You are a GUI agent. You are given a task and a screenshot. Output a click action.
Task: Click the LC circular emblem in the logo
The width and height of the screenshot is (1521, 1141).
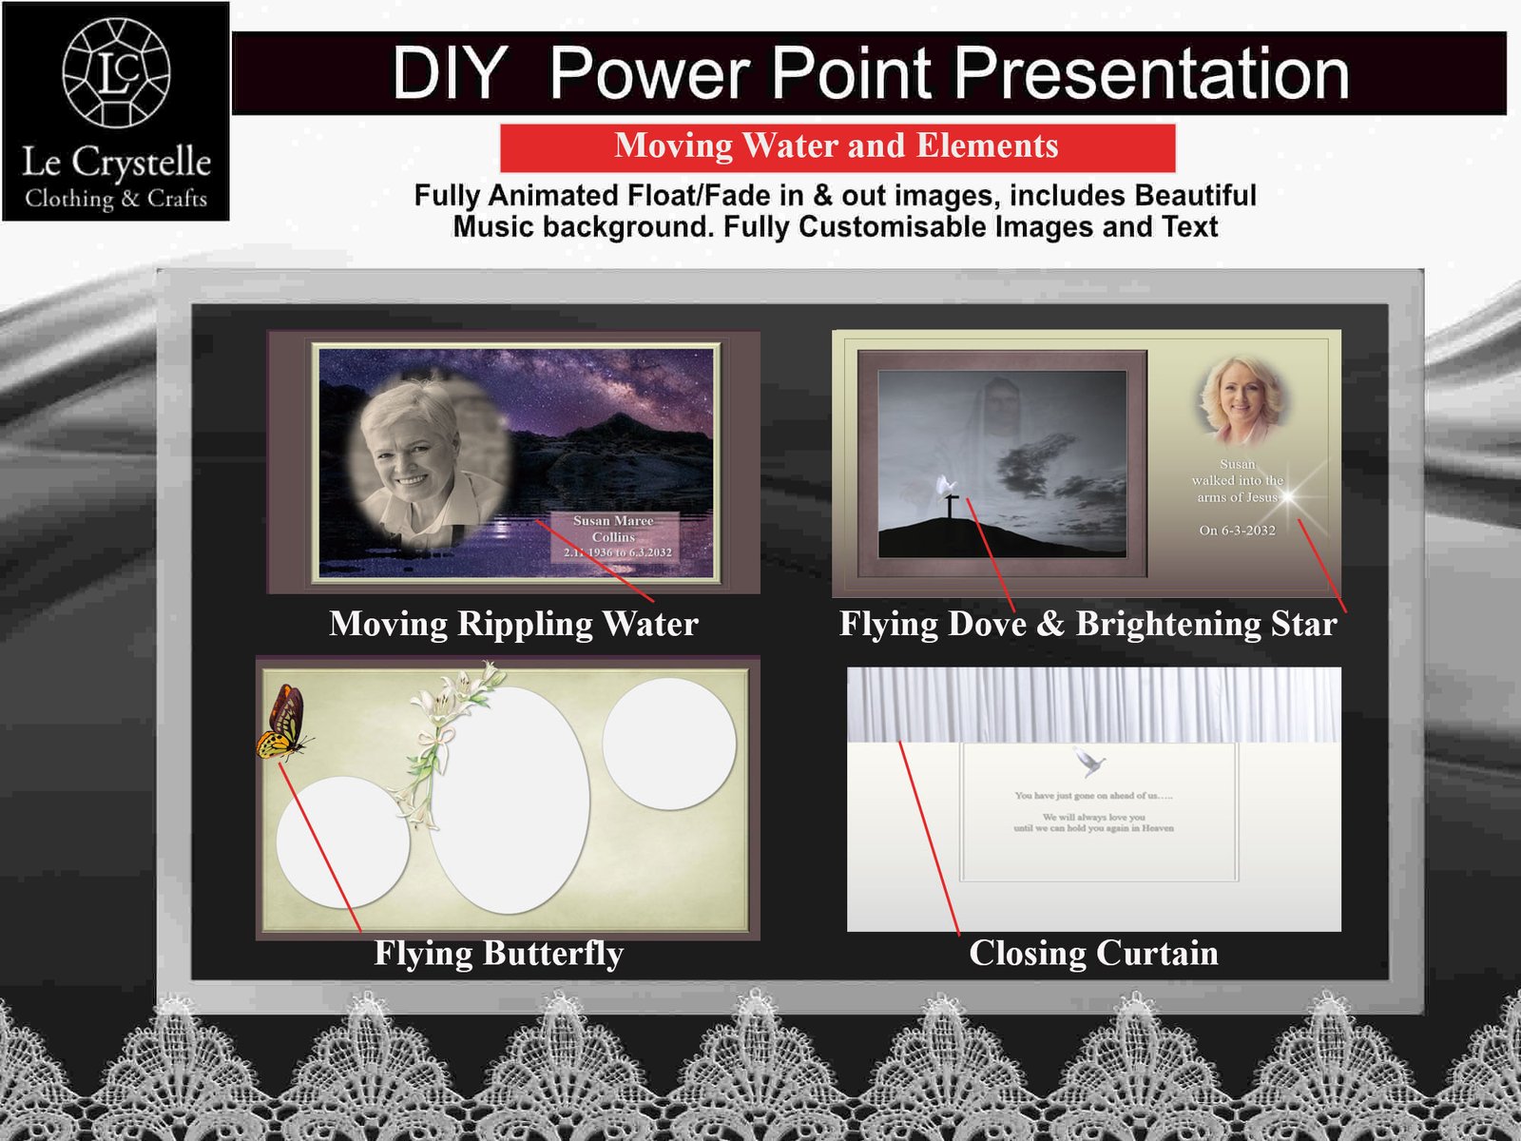[x=116, y=72]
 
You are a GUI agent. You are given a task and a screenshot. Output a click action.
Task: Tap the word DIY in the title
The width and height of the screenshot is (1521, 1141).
[x=449, y=73]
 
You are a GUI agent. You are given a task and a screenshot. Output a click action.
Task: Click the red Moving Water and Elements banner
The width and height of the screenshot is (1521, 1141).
[x=837, y=146]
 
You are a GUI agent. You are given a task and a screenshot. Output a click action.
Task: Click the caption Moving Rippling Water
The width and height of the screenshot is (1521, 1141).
[x=513, y=624]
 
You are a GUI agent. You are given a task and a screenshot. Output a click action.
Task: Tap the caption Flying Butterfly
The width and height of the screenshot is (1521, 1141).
[x=499, y=953]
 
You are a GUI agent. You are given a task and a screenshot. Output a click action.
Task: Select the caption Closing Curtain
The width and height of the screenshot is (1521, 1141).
[x=1093, y=953]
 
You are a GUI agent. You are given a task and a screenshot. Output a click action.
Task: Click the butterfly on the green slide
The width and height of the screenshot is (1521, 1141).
[x=282, y=724]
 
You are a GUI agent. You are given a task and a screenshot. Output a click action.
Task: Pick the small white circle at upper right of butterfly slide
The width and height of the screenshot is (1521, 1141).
[x=669, y=744]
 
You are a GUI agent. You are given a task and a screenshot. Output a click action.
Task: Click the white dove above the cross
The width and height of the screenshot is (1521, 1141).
[x=947, y=486]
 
